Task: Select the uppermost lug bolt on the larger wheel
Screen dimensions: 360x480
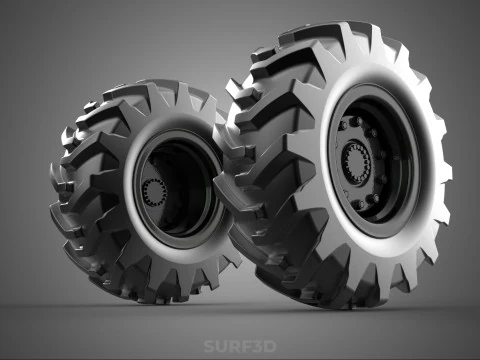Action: [x=354, y=123]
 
